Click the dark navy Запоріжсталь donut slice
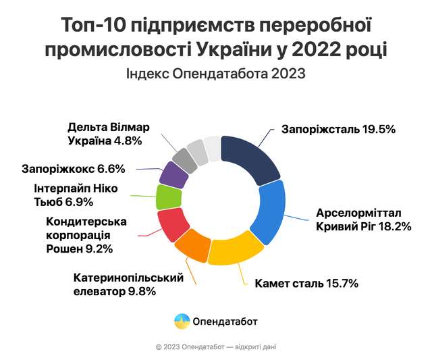(x=252, y=156)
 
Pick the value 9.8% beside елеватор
(x=142, y=292)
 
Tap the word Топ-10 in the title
(x=92, y=26)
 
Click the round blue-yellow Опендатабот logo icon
(x=181, y=321)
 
